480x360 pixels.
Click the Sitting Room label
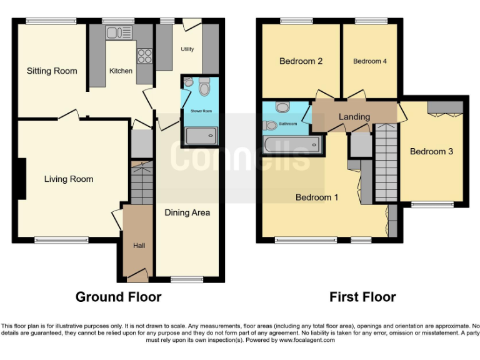tap(52, 71)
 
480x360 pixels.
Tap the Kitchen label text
tap(121, 71)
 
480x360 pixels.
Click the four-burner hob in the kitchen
tap(145, 56)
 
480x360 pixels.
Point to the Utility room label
tap(187, 49)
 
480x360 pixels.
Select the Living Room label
tap(68, 179)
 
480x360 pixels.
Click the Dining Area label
tap(187, 212)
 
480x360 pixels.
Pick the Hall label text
tap(139, 246)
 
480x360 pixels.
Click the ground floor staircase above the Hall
tap(142, 182)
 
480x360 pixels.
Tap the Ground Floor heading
tap(118, 297)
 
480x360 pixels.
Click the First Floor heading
tap(362, 297)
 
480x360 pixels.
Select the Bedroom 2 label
tap(301, 61)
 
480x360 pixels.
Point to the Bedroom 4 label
tap(370, 61)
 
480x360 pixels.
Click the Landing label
tap(354, 117)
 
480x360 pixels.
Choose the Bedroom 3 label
tap(431, 151)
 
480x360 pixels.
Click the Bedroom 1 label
tap(317, 197)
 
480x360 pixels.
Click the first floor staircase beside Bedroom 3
tap(386, 162)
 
